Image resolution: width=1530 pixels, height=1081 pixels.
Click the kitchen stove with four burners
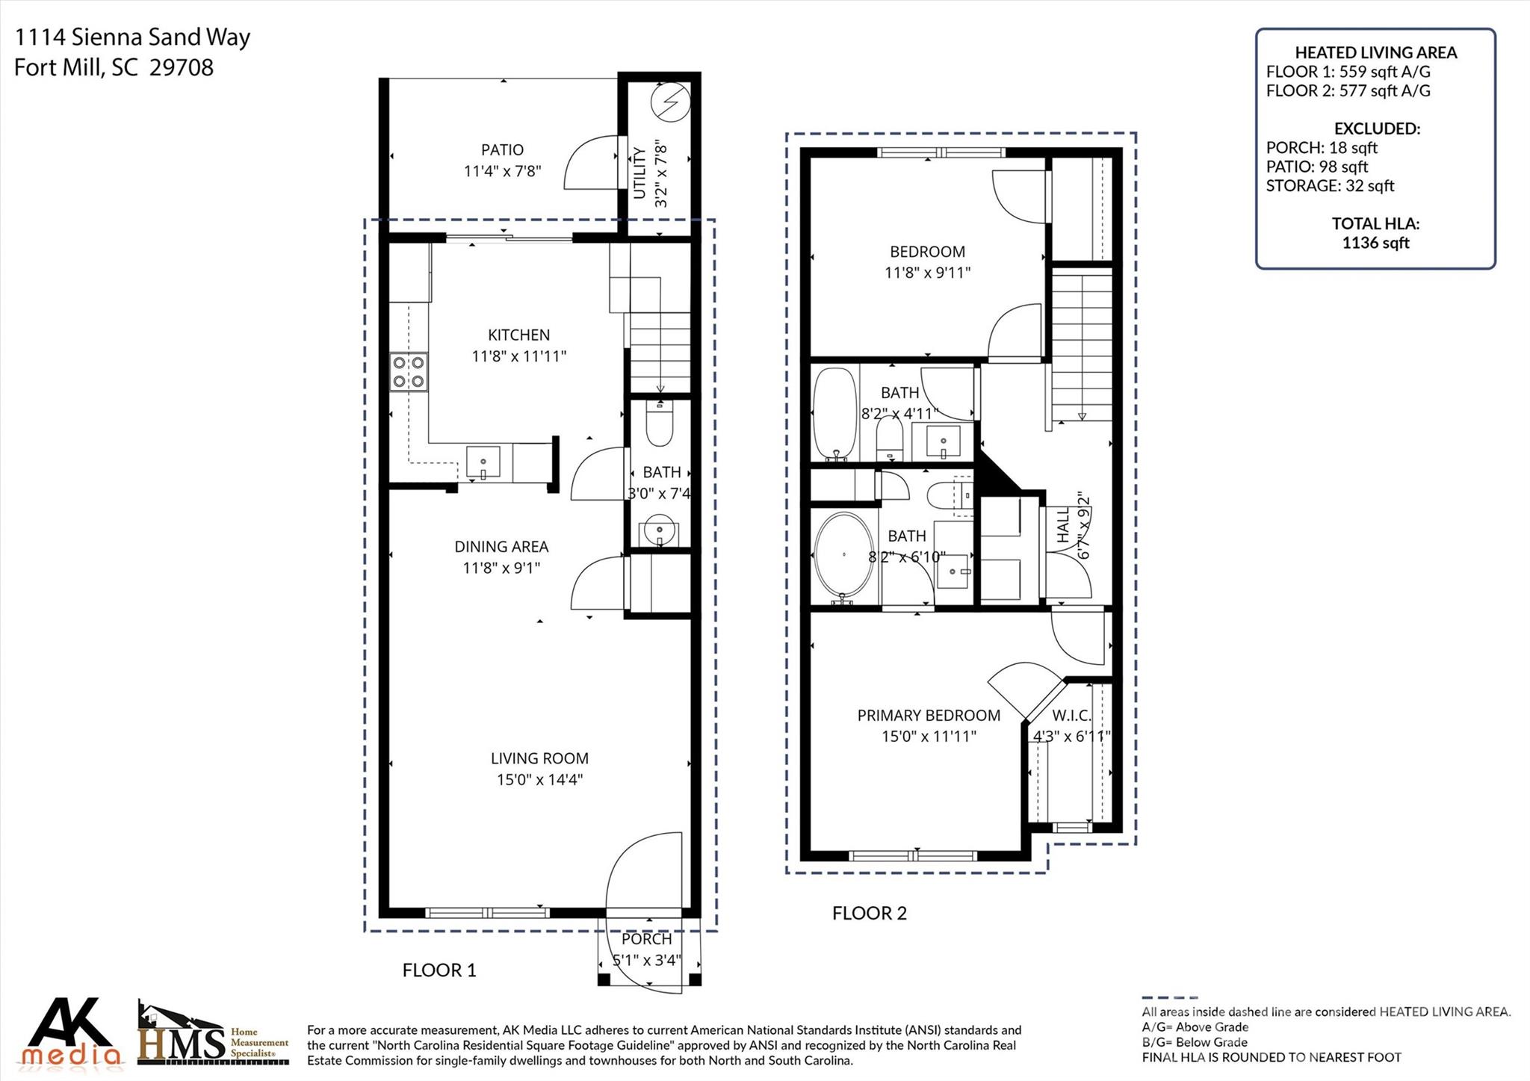pos(409,372)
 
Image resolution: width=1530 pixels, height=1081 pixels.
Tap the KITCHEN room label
pos(518,335)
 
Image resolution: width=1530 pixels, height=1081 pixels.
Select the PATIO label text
pos(502,150)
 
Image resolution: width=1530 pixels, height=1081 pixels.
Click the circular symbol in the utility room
pos(668,102)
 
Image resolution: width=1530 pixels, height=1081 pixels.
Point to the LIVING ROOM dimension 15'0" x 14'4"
pos(539,779)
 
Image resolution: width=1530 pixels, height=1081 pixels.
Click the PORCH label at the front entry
pos(646,939)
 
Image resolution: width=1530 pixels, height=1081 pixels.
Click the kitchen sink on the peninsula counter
pos(483,462)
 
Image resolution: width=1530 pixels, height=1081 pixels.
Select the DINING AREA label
pos(501,547)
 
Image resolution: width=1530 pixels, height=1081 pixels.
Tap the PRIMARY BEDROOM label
pos(929,715)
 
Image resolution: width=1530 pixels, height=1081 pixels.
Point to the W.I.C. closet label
pos(1072,715)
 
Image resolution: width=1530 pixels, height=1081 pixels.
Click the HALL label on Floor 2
pos(1064,526)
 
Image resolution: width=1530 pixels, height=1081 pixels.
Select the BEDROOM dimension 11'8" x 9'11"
pos(927,273)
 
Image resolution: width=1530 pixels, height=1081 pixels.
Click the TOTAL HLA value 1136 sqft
pos(1375,242)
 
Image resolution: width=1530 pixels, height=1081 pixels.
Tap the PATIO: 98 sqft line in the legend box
pos(1316,167)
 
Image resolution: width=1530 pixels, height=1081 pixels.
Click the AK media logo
pos(70,1032)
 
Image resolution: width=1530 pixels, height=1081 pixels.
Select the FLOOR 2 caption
pos(869,913)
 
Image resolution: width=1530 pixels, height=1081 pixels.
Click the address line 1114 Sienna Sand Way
pos(132,37)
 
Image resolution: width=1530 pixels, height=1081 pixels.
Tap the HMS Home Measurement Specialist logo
pos(213,1035)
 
